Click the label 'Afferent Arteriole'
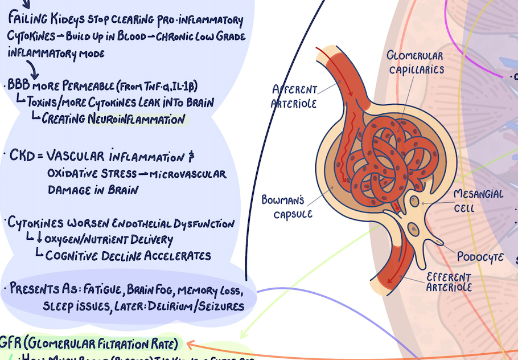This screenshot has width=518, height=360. [294, 96]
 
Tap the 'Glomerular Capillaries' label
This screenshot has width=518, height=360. [415, 62]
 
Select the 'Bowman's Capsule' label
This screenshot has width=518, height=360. [284, 206]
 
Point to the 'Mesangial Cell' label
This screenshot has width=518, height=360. [478, 201]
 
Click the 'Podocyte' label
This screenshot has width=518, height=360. [480, 257]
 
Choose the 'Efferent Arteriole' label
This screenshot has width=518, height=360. [449, 282]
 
